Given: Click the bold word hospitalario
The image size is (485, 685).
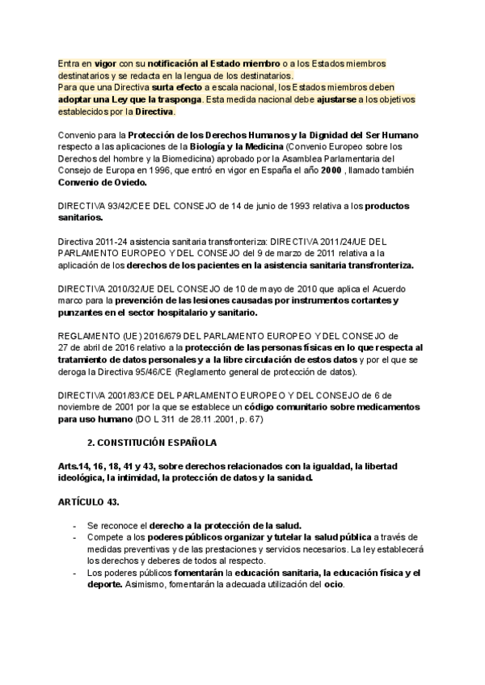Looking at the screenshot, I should [x=196, y=312].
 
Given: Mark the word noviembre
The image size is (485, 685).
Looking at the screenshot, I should [x=84, y=407].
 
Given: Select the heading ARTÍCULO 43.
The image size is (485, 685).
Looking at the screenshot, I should [x=89, y=502].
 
